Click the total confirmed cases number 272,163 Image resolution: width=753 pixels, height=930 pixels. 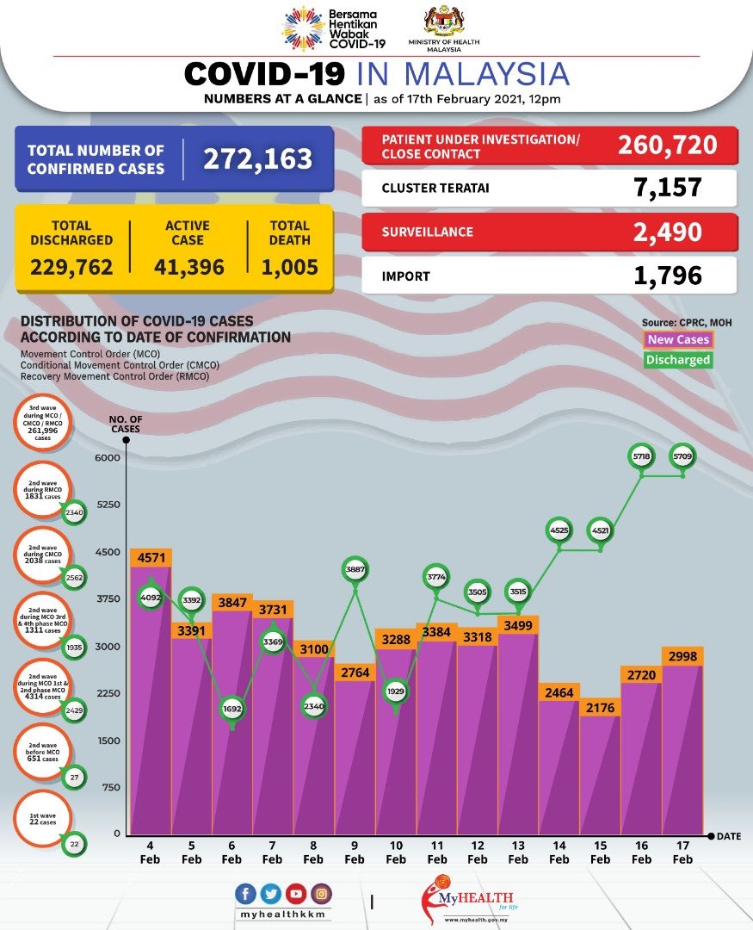tap(257, 159)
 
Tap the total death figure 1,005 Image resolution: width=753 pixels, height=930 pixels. tap(289, 267)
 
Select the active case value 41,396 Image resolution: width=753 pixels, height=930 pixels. tap(188, 267)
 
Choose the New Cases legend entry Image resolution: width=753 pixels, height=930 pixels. tap(679, 340)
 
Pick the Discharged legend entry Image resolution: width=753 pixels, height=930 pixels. tap(679, 360)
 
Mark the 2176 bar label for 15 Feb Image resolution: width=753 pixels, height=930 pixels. tap(600, 708)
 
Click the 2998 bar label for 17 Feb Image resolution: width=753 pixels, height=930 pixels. tap(682, 656)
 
